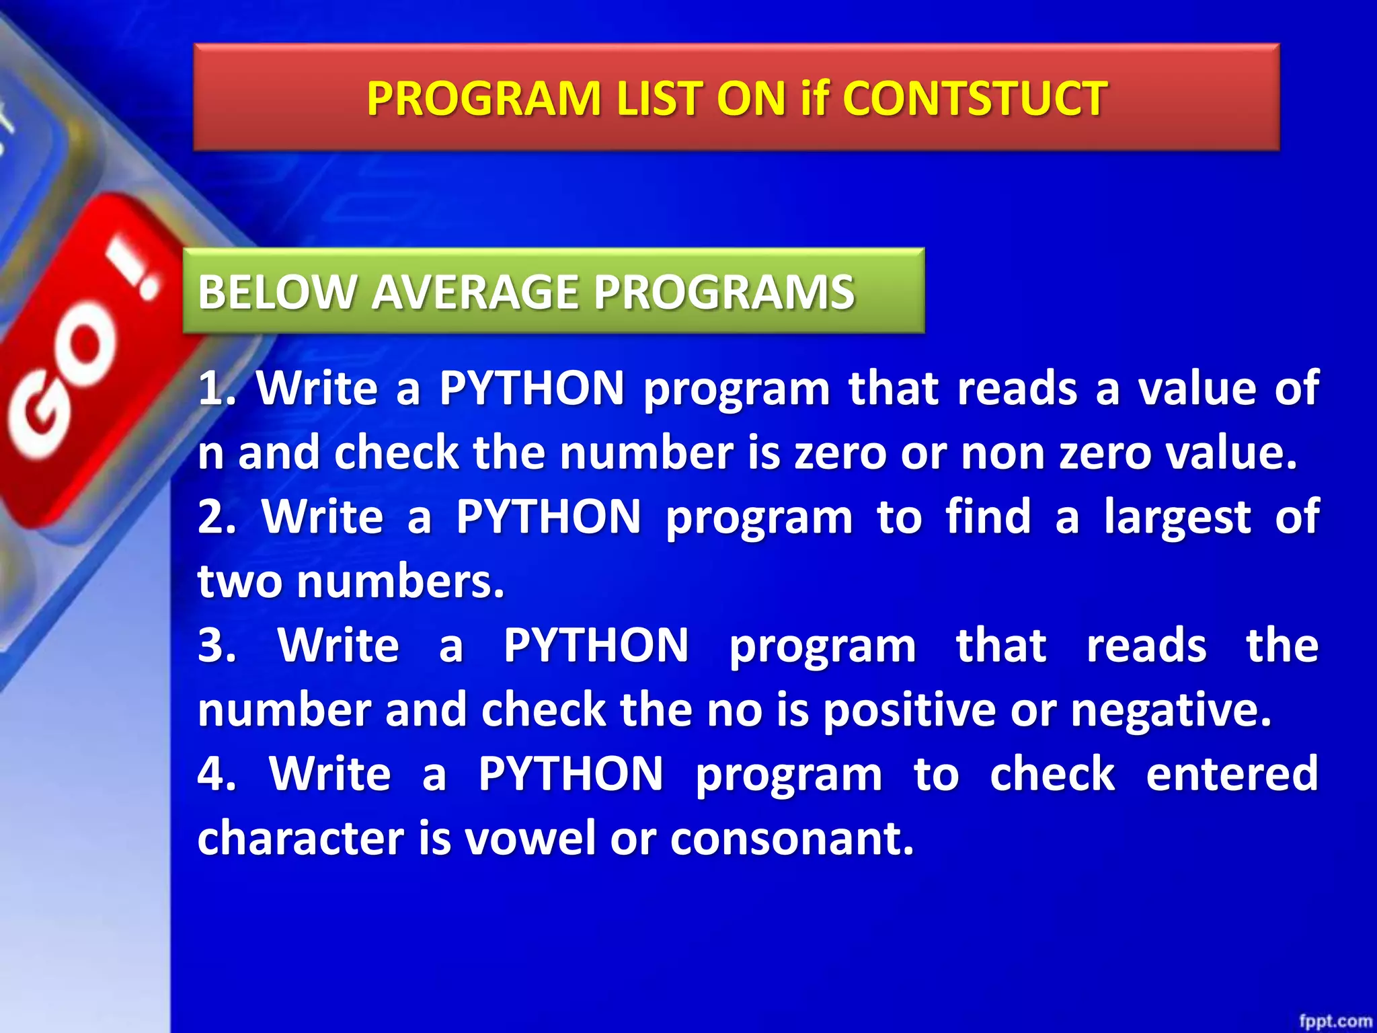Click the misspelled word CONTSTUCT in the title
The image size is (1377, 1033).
(x=974, y=99)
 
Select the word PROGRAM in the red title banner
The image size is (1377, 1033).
(x=484, y=99)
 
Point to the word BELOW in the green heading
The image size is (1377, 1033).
(x=276, y=293)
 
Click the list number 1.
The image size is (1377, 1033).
(x=214, y=389)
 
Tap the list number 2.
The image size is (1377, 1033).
(x=215, y=517)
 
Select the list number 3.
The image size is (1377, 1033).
(x=215, y=646)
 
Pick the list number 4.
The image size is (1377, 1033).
(x=215, y=774)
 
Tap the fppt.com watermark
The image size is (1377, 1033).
(x=1335, y=1021)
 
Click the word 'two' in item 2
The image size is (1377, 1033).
(x=239, y=582)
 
